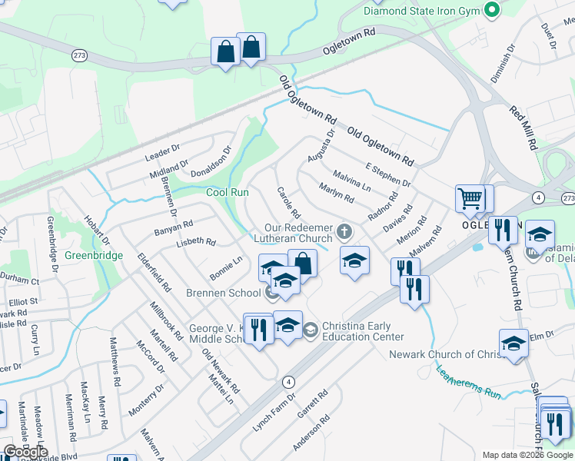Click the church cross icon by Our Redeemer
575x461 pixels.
345,230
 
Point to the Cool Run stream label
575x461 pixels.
228,192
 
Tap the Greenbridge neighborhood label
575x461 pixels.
93,255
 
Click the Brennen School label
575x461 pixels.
224,293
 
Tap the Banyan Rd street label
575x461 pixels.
173,228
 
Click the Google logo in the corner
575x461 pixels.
25,453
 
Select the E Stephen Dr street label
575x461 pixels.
388,175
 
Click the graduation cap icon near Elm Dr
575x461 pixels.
514,343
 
